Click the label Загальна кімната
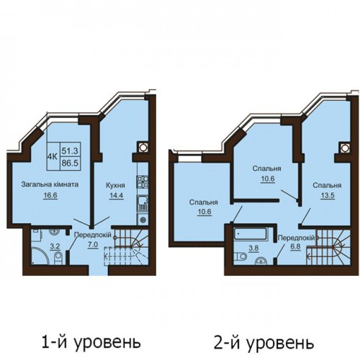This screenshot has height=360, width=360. pyautogui.click(x=50, y=184)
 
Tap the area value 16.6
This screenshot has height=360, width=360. pyautogui.click(x=50, y=196)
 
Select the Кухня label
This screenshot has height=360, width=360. pyautogui.click(x=115, y=186)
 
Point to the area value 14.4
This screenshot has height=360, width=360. pyautogui.click(x=116, y=196)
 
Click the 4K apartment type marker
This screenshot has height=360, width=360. pyautogui.click(x=53, y=157)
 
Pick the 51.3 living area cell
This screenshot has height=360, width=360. pyautogui.click(x=70, y=151)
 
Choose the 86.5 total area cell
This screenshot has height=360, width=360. pyautogui.click(x=70, y=163)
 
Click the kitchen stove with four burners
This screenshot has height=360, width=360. pyautogui.click(x=143, y=181)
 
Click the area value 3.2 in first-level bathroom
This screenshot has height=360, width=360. pyautogui.click(x=54, y=246)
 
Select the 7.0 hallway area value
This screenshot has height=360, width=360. pyautogui.click(x=93, y=245)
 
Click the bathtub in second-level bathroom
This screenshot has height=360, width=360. pyautogui.click(x=251, y=234)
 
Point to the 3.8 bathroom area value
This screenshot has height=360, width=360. pyautogui.click(x=253, y=248)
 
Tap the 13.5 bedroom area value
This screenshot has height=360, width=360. pyautogui.click(x=328, y=196)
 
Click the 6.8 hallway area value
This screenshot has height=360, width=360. pyautogui.click(x=295, y=247)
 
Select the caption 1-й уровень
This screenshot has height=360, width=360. pyautogui.click(x=91, y=342)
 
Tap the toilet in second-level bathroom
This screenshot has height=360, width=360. pyautogui.click(x=240, y=256)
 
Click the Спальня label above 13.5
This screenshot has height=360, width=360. pyautogui.click(x=327, y=186)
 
